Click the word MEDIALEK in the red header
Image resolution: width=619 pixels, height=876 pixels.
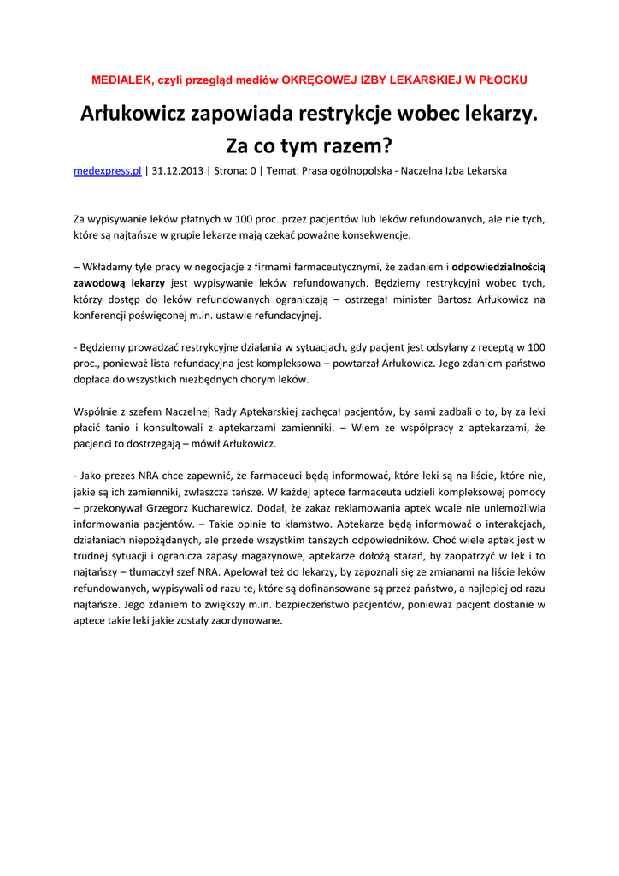click(x=120, y=80)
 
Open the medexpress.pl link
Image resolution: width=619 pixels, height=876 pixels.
click(x=107, y=171)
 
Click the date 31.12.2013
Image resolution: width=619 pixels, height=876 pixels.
click(x=178, y=171)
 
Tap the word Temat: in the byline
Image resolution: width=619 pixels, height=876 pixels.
click(x=284, y=171)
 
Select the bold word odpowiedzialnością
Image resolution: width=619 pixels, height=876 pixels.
click(x=498, y=267)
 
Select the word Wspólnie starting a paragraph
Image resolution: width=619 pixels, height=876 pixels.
click(x=96, y=411)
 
